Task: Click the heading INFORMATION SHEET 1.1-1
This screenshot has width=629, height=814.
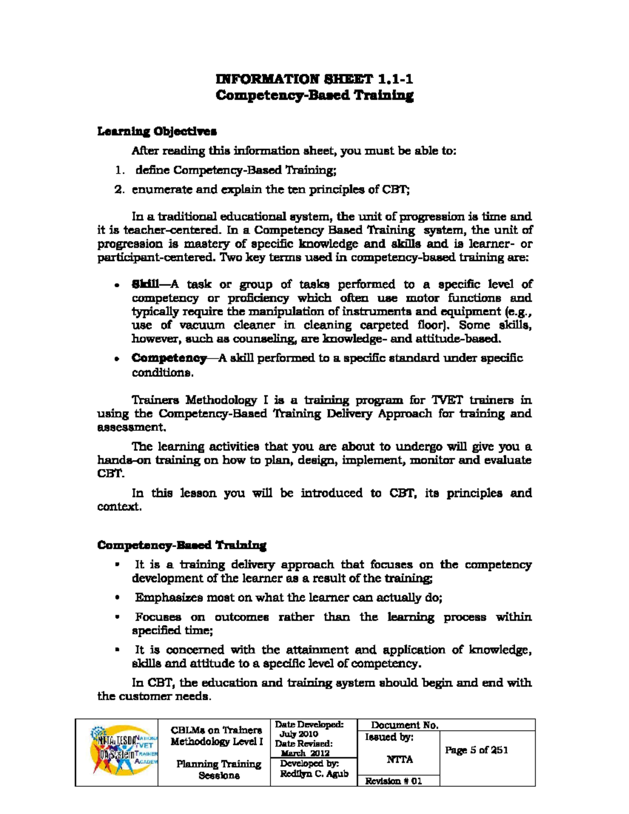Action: [x=314, y=79]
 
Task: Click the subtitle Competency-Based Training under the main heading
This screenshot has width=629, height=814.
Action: [x=314, y=95]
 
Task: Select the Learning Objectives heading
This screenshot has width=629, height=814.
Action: [x=157, y=131]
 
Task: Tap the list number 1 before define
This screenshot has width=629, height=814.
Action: [x=119, y=170]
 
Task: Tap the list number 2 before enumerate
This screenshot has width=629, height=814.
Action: [x=119, y=190]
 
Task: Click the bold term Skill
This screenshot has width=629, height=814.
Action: [x=145, y=285]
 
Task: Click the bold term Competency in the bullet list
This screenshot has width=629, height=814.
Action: [x=169, y=359]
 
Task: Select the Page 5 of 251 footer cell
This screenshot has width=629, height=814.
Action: [x=476, y=750]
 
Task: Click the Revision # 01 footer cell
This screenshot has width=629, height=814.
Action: [x=393, y=781]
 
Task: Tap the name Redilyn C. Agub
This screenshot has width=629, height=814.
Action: [x=313, y=774]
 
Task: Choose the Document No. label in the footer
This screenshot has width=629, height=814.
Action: [x=404, y=725]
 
